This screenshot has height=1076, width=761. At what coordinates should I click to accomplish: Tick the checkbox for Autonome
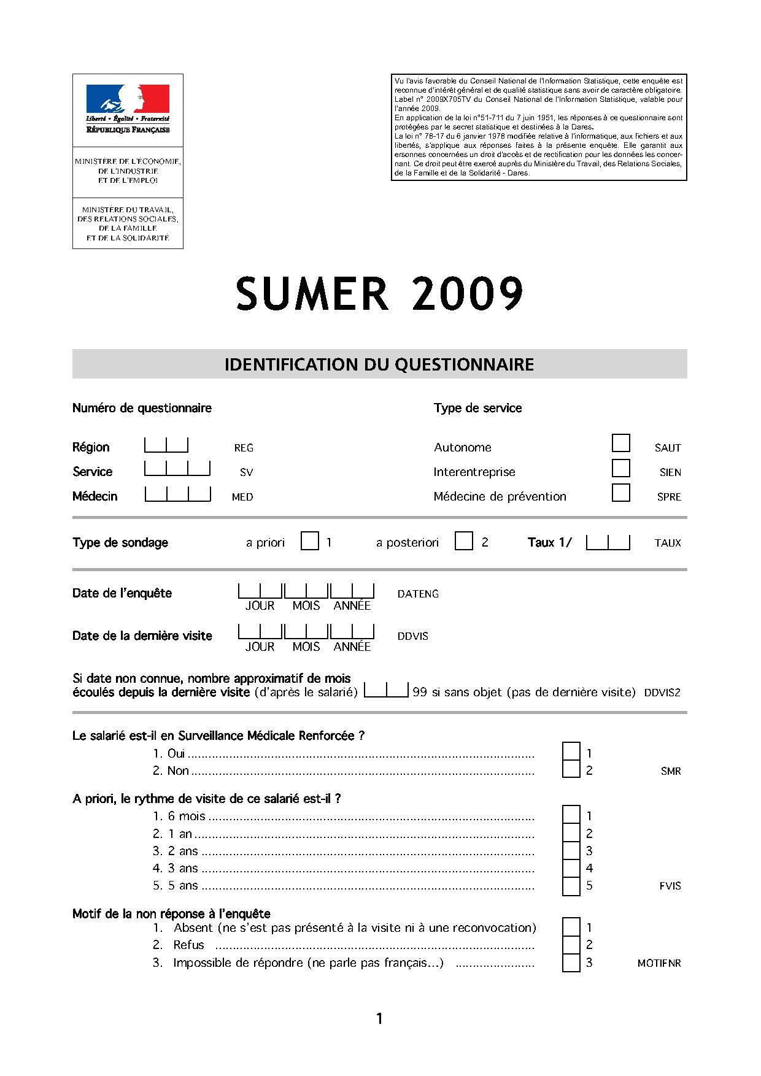click(x=621, y=443)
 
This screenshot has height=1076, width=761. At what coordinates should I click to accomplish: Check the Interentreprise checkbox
click(x=621, y=468)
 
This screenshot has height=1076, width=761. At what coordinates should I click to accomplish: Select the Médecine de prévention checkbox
click(x=621, y=493)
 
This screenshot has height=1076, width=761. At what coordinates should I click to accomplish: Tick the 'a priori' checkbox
click(x=310, y=541)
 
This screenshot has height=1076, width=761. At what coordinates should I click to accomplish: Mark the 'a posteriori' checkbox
click(x=464, y=541)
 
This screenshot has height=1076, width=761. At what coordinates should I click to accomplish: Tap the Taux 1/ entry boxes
click(x=608, y=542)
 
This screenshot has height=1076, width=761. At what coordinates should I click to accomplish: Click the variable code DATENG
click(x=418, y=594)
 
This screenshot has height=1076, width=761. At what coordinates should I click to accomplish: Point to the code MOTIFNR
click(x=659, y=963)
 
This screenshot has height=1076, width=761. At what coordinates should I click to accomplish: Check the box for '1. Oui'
click(x=571, y=752)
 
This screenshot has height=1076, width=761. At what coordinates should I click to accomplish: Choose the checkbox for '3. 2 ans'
click(x=571, y=851)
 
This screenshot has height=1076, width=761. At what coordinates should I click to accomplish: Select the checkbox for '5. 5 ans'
click(x=571, y=886)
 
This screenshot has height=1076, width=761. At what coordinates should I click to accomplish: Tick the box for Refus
click(x=571, y=945)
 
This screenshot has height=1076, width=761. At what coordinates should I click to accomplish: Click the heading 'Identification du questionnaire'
click(x=379, y=364)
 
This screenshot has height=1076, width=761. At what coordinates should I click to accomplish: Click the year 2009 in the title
click(x=468, y=294)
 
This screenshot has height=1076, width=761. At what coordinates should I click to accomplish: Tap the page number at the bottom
click(x=379, y=1019)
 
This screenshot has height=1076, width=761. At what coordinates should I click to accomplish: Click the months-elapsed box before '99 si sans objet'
click(x=386, y=691)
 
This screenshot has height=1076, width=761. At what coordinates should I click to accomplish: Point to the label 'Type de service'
click(x=477, y=408)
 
